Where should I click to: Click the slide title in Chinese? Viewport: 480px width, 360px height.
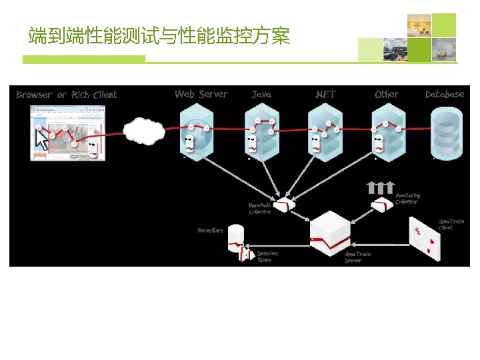159,35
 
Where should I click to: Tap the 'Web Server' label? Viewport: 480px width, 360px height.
201,94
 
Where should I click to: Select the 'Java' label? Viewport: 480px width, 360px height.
261,95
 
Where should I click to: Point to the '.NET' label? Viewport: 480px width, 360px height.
325,95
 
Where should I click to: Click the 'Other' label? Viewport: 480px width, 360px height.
387,94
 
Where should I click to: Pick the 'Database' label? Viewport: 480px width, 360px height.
444,94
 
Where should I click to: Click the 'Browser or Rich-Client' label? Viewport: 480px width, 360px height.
66,95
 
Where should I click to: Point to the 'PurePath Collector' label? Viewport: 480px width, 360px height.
259,209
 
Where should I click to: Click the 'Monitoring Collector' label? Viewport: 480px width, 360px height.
407,199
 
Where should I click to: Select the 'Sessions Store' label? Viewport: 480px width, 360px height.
267,257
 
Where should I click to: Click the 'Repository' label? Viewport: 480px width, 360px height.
210,231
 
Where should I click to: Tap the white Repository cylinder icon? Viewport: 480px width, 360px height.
235,238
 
